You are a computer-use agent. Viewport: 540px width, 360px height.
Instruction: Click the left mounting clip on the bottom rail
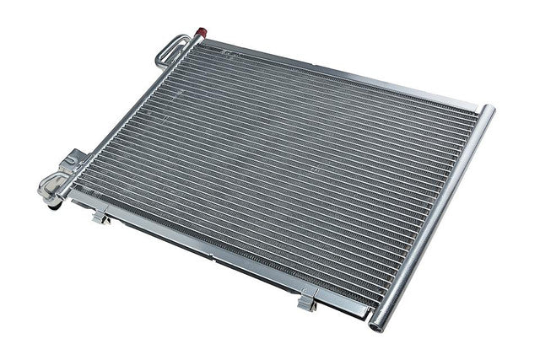click(x=100, y=218)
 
